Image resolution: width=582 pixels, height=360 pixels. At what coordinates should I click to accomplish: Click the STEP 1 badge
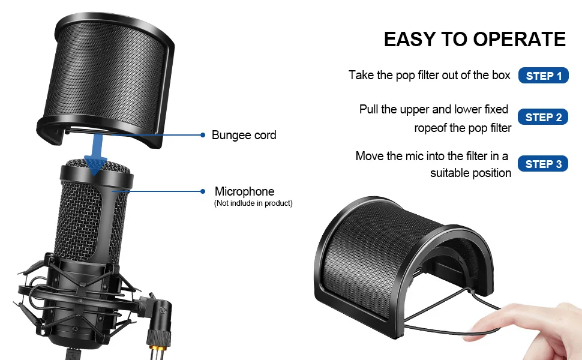544,76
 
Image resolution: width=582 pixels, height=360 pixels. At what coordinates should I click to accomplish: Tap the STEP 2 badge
543,118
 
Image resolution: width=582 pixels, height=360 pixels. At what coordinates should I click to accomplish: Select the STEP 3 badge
543,164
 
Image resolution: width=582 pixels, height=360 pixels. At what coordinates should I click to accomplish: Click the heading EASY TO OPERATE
475,40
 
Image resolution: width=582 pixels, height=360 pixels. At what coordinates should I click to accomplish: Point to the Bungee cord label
244,135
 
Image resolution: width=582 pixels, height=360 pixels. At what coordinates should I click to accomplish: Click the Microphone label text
244,191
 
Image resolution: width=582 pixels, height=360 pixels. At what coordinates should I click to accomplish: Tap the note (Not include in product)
253,203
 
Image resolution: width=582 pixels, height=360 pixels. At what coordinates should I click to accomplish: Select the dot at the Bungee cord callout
203,135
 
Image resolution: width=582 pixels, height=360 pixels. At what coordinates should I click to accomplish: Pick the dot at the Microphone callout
203,191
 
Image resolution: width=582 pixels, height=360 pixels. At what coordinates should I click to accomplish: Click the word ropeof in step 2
430,128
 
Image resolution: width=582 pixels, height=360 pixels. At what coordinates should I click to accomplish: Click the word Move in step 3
370,156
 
